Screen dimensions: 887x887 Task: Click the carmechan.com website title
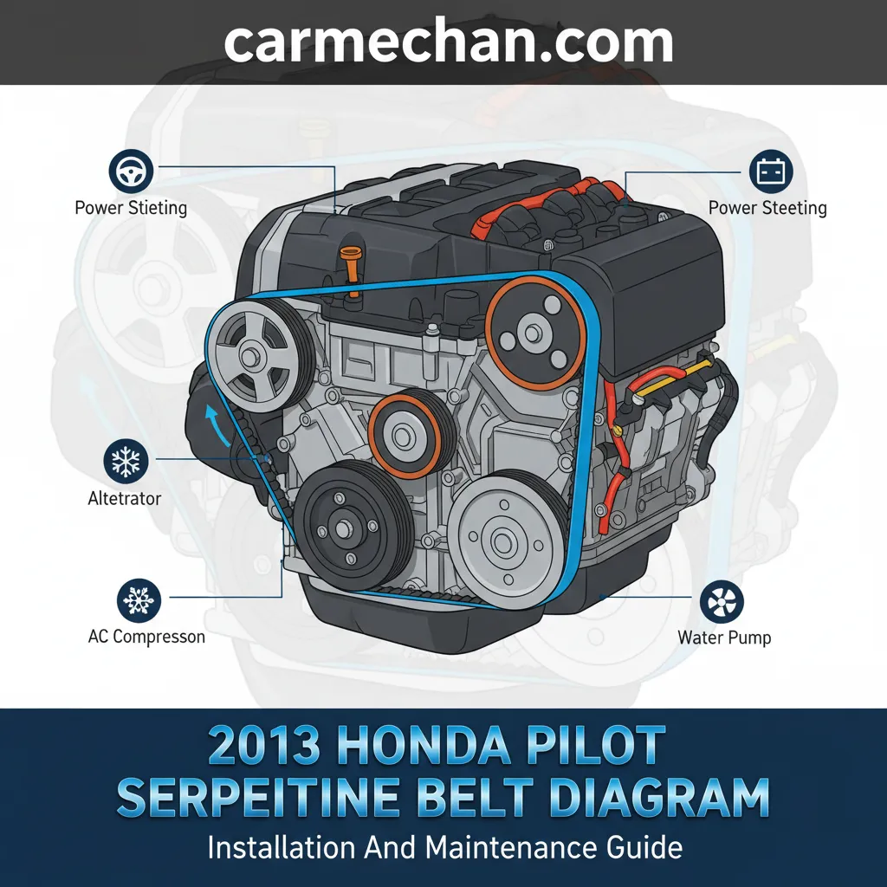(449, 42)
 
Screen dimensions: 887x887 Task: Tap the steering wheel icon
(131, 172)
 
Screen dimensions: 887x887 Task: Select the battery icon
(770, 172)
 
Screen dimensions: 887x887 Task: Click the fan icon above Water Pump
(722, 602)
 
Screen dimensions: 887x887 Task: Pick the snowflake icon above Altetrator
(126, 461)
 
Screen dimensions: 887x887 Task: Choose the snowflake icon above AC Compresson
(139, 600)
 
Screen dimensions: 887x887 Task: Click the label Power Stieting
(131, 208)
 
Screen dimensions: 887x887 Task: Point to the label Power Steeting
(767, 208)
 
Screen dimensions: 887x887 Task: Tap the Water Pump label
(724, 638)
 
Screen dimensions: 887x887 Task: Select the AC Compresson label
(146, 637)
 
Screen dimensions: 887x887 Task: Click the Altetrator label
(125, 498)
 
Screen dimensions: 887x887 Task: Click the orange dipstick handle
(352, 270)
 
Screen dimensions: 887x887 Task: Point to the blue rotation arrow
(217, 425)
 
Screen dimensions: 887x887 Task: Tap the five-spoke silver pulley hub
(249, 356)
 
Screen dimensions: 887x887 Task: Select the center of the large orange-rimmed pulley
(533, 333)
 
